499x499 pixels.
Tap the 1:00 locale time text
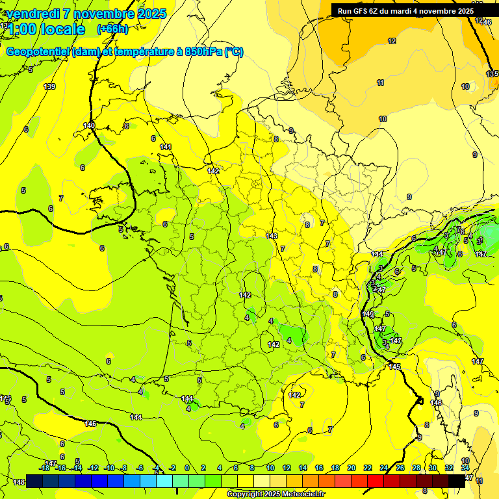coord(46,29)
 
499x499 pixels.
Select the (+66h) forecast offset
coord(112,29)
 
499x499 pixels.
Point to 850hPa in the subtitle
coord(201,52)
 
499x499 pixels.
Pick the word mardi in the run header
coord(405,10)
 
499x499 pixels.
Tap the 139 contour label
coord(49,86)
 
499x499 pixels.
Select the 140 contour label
coord(89,125)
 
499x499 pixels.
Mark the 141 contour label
coord(166,147)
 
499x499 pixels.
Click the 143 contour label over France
coord(272,236)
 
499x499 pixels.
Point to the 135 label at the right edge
coord(492,74)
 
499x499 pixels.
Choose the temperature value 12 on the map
coord(392,41)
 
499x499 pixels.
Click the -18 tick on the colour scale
coord(45,468)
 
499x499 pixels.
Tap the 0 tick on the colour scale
coord(187,468)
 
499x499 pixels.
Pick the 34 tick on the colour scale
coord(465,468)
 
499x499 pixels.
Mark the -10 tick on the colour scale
coord(109,468)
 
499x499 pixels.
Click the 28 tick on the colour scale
coord(416,468)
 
